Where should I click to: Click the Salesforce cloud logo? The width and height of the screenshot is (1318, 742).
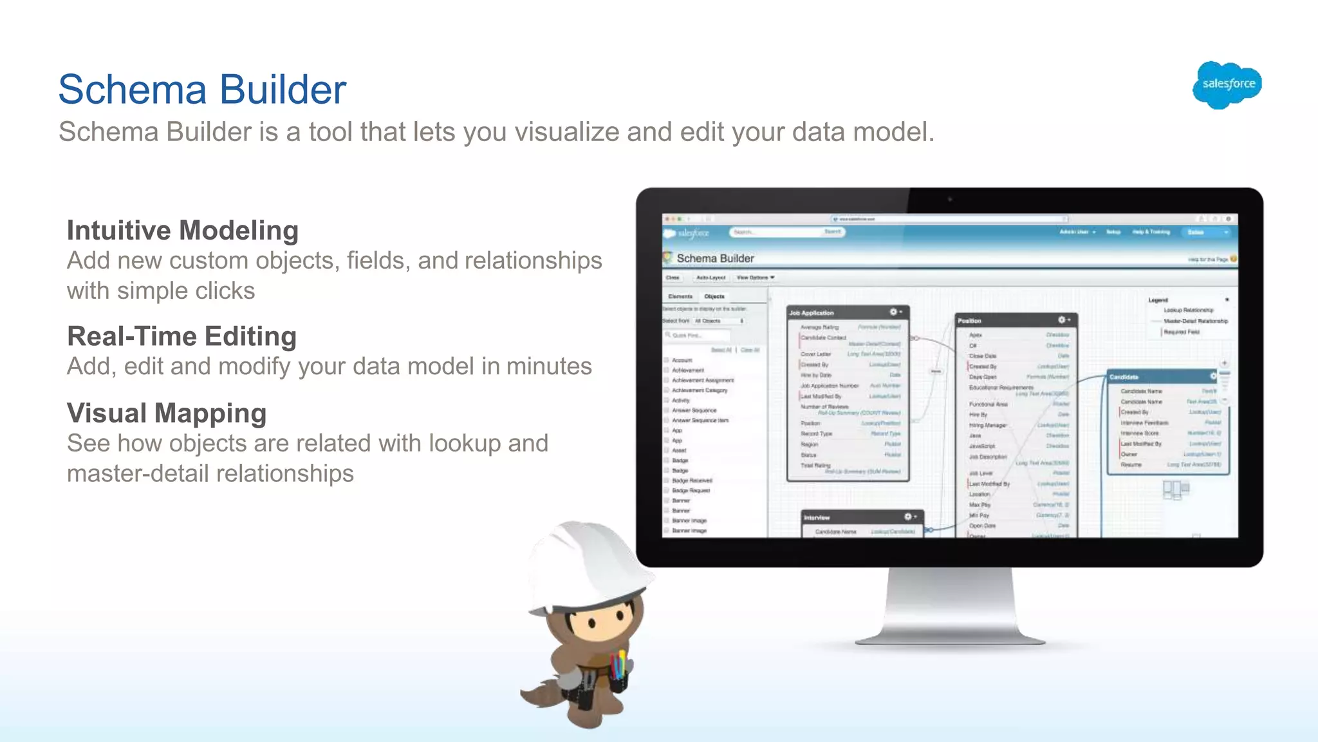point(1227,84)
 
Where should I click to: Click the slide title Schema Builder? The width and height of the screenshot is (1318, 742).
point(202,89)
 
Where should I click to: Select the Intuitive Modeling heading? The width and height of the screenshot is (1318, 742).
point(183,231)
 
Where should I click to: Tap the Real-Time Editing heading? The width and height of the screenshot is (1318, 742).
point(182,336)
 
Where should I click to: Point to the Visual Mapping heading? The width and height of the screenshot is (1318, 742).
point(167,413)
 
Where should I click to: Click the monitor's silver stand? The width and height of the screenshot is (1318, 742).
point(949,605)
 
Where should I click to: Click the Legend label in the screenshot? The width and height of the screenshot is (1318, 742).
point(1158,300)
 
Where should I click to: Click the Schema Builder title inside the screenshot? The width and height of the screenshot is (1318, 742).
point(715,258)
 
